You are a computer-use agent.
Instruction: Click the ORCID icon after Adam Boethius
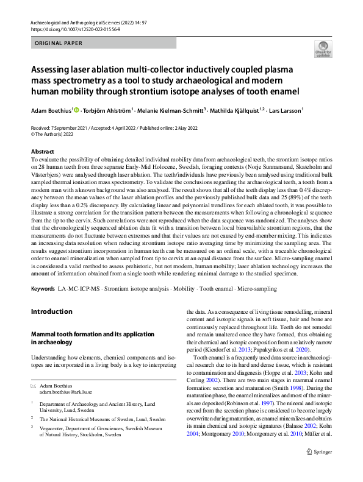(x=76, y=110)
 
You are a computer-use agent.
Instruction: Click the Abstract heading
(x=42, y=151)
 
